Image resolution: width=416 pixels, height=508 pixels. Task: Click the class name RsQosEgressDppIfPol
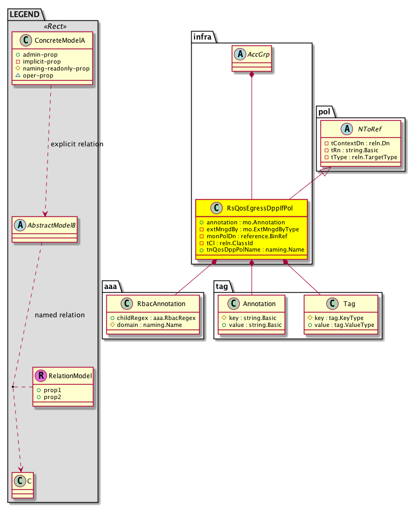[257, 208]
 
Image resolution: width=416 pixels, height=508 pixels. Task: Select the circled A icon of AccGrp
[240, 56]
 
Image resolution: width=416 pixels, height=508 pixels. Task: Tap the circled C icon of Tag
[313, 303]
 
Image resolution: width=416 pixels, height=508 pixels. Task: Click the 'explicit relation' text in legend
[76, 144]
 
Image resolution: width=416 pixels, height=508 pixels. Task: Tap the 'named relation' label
[60, 315]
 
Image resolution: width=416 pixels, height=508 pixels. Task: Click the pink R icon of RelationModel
[41, 376]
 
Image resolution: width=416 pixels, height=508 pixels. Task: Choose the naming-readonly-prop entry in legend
[60, 69]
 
